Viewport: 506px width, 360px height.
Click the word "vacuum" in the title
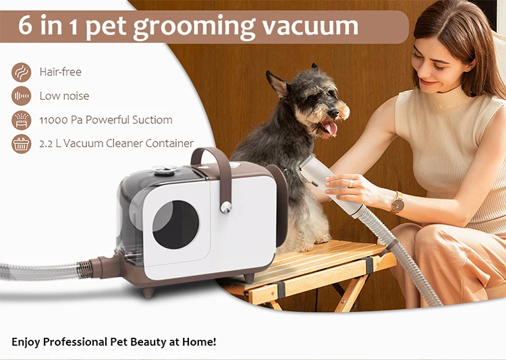click(x=310, y=26)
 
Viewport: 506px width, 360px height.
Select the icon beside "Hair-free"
click(x=21, y=72)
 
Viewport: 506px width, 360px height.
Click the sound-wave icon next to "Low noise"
click(x=21, y=96)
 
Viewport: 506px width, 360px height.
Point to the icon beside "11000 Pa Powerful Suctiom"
click(x=21, y=120)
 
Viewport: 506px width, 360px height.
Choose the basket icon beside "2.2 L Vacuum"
click(x=21, y=144)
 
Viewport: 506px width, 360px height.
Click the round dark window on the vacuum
click(x=175, y=224)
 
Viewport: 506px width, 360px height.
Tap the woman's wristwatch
click(x=397, y=203)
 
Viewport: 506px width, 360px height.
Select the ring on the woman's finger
click(x=350, y=183)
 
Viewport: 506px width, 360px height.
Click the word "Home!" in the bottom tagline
click(x=200, y=342)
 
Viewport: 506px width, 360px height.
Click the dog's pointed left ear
click(x=277, y=83)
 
